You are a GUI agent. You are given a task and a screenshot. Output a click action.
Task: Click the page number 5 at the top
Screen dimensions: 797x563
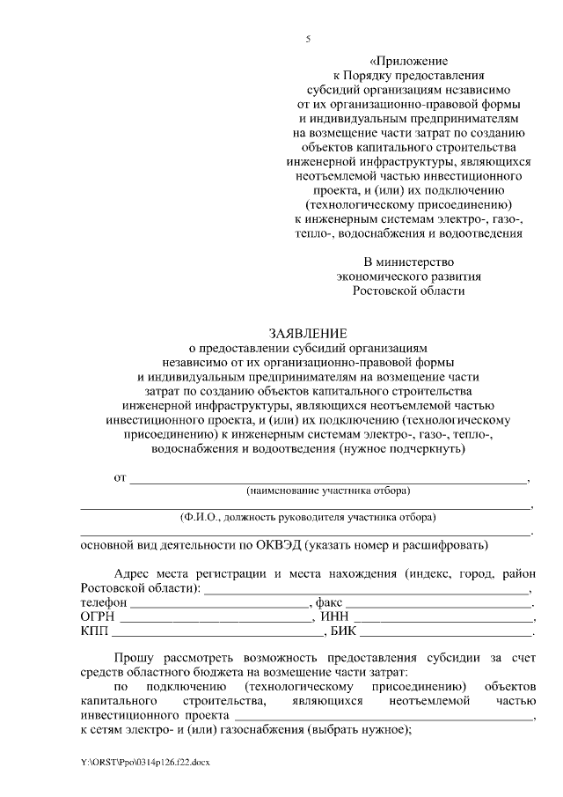[x=308, y=40]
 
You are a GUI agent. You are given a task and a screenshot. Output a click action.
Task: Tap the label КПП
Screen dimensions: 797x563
[x=94, y=631]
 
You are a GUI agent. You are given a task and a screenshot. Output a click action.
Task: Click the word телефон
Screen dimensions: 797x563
[x=105, y=602]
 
